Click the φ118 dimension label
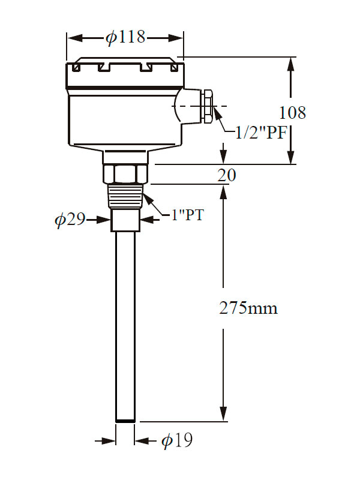pos(125,38)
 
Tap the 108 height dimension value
pos(292,112)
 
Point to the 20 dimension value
pos(226,175)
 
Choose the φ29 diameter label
pos(70,220)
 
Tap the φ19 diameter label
pos(177,442)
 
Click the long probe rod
pos(125,324)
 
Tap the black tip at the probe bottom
pos(125,421)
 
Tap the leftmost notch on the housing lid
pos(76,68)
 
